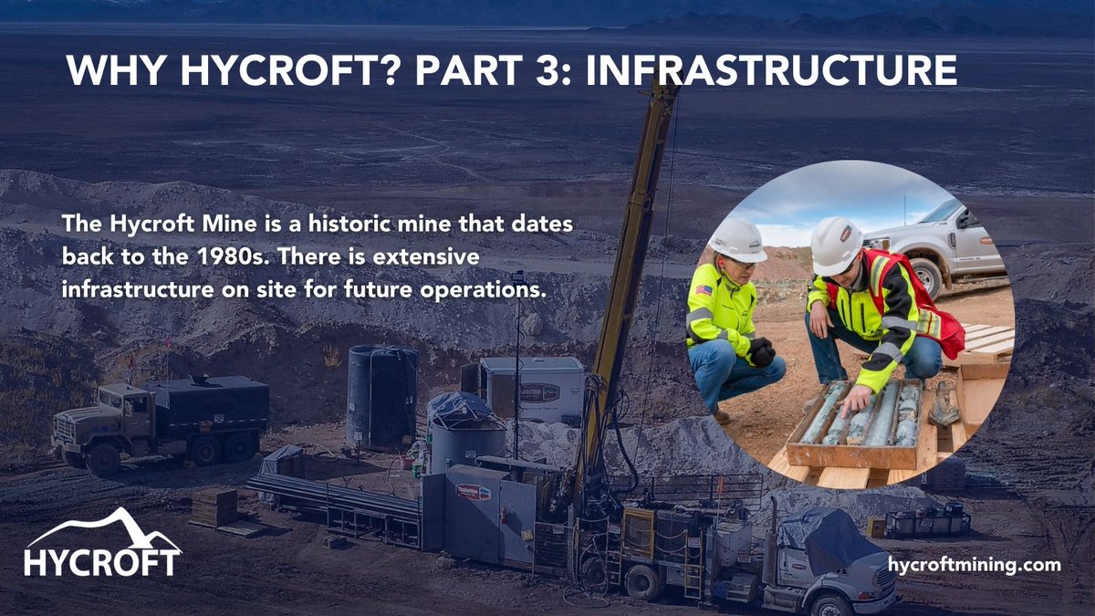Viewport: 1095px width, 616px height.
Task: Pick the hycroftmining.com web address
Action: [975, 565]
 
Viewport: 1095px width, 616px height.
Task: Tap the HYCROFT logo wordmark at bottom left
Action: [102, 561]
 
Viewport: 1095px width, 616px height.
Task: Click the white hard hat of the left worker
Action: [736, 239]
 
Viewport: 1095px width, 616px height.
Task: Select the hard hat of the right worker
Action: [836, 244]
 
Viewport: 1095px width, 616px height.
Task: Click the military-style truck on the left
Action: [160, 419]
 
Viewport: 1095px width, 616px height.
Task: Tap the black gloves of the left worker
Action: [762, 351]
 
